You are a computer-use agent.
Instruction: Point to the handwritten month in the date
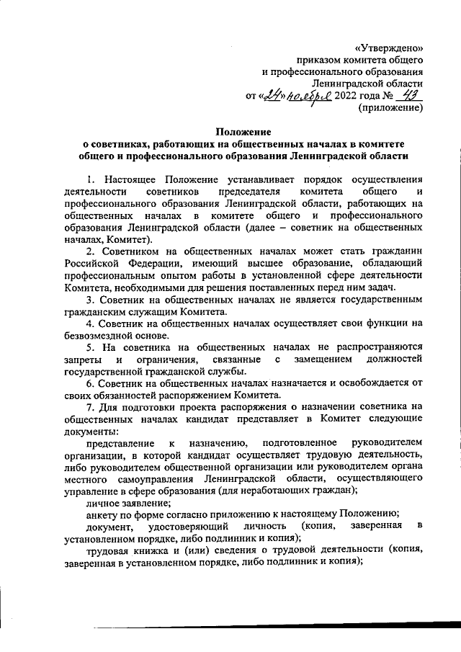tap(308, 97)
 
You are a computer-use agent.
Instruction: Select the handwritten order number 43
tap(413, 95)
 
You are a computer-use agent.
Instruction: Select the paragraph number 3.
tap(89, 300)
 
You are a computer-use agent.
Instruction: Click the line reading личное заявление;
tap(125, 501)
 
